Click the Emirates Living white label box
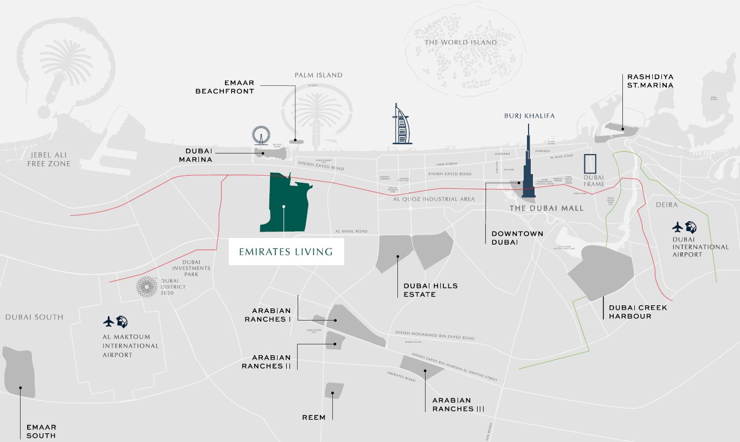pos(286,252)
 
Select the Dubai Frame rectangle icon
pos(590,164)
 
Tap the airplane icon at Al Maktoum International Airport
pos(109,322)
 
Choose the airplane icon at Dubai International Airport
pos(678,226)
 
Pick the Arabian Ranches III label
pos(458,405)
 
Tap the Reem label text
pos(314,418)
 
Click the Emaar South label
pos(41,432)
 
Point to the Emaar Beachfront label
pos(225,87)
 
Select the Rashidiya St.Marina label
pos(651,81)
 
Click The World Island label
pos(460,42)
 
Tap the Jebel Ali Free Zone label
pos(49,159)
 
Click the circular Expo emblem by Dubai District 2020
pos(146,286)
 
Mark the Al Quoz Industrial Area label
pos(434,200)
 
